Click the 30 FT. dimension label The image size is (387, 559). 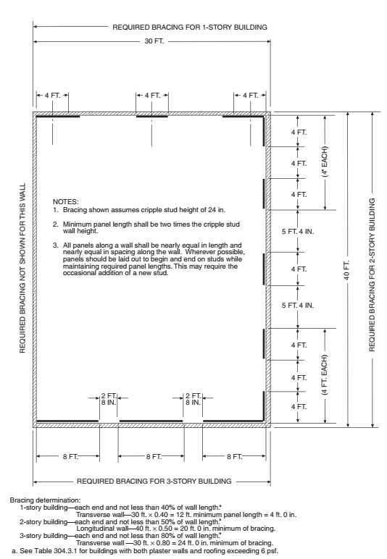[151, 41]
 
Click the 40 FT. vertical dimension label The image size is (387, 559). [349, 269]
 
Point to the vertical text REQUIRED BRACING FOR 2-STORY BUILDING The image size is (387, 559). [372, 269]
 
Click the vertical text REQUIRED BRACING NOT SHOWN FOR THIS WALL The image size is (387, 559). [22, 269]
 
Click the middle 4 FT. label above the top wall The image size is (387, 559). [152, 96]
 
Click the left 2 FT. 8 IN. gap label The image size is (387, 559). [108, 401]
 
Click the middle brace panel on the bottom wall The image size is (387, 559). [151, 420]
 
